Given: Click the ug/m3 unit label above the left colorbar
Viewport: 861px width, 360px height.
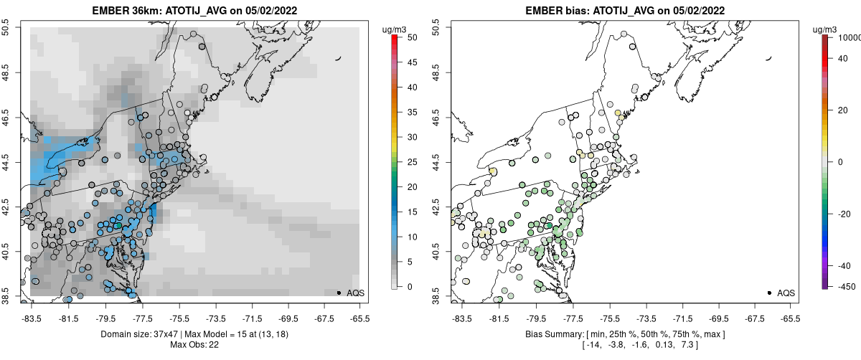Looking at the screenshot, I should (x=395, y=29).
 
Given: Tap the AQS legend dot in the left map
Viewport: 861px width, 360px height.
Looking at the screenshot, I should (x=339, y=293).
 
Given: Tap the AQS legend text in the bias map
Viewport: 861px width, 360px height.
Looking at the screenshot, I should (x=786, y=293).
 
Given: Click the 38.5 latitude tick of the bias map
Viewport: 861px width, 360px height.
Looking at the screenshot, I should (x=435, y=295).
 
